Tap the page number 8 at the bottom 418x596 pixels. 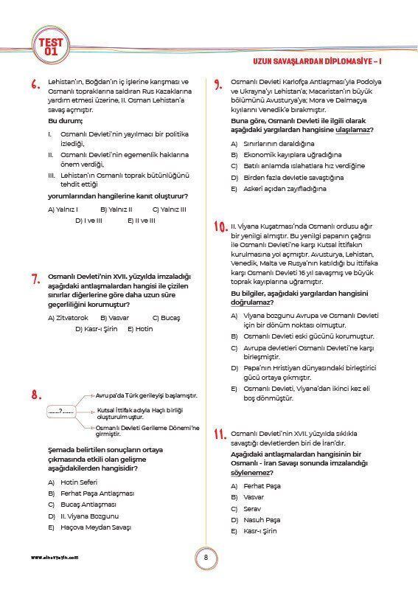point(207,558)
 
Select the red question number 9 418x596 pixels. point(218,85)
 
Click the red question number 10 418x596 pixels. point(220,226)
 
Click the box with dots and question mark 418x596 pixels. point(61,411)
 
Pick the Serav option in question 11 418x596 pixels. point(252,509)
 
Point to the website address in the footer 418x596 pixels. point(55,558)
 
